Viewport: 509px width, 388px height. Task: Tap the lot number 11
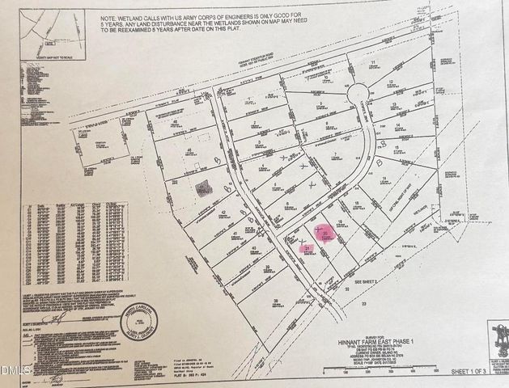(373, 62)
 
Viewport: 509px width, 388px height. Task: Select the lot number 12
(391, 82)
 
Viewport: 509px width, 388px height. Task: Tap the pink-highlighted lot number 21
(308, 248)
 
